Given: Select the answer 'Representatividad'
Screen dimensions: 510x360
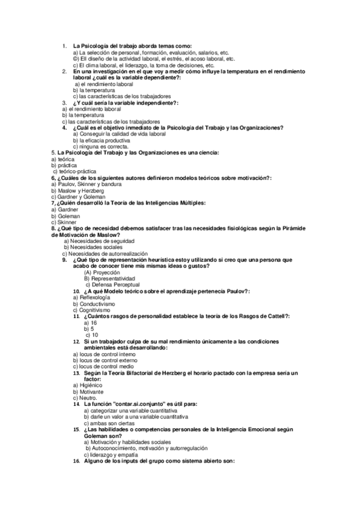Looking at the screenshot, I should pyautogui.click(x=112, y=278).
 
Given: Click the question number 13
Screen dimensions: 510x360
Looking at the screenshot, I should pyautogui.click(x=76, y=373).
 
